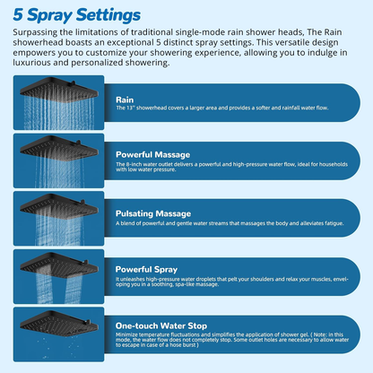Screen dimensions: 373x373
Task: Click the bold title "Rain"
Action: (x=126, y=100)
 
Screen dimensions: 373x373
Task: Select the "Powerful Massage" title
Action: (x=152, y=154)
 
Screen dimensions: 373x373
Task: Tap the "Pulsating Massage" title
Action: (x=153, y=214)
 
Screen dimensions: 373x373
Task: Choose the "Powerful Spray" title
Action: (x=146, y=268)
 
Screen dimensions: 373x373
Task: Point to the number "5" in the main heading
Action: (x=19, y=15)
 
